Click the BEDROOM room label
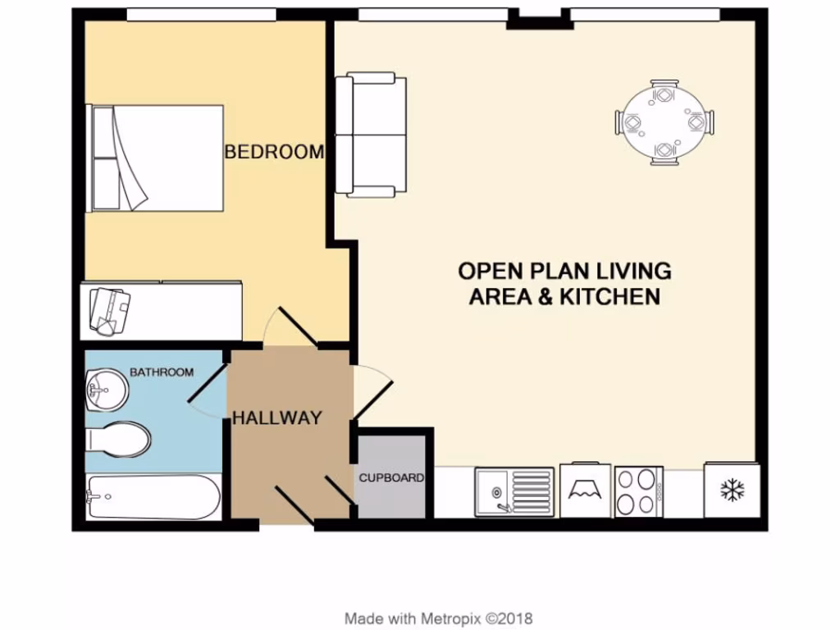pyautogui.click(x=274, y=152)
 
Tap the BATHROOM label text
pyautogui.click(x=162, y=372)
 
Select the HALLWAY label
pyautogui.click(x=276, y=418)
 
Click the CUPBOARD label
pyautogui.click(x=391, y=477)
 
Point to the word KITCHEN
pyautogui.click(x=609, y=296)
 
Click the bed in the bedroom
pyautogui.click(x=156, y=157)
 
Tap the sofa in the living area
pyautogui.click(x=371, y=135)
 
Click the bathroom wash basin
pyautogui.click(x=105, y=388)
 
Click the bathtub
pyautogui.click(x=153, y=497)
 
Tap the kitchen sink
pyautogui.click(x=514, y=491)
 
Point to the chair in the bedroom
pyautogui.click(x=109, y=311)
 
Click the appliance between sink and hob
pyautogui.click(x=586, y=491)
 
